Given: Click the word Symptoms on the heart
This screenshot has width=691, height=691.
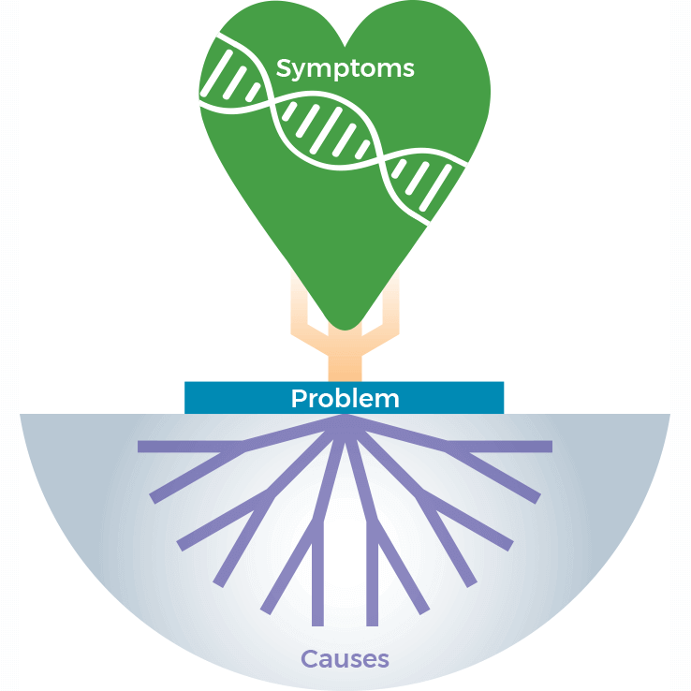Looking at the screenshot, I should (x=345, y=68).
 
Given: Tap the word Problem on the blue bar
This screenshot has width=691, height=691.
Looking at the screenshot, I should (x=345, y=398).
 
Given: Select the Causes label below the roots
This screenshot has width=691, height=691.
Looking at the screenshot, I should (x=345, y=658).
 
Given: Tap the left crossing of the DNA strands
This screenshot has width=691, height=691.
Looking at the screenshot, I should (x=270, y=106).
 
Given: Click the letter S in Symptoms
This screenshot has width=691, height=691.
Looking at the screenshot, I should (x=284, y=68).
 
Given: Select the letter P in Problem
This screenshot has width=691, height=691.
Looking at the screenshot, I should (x=299, y=398).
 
